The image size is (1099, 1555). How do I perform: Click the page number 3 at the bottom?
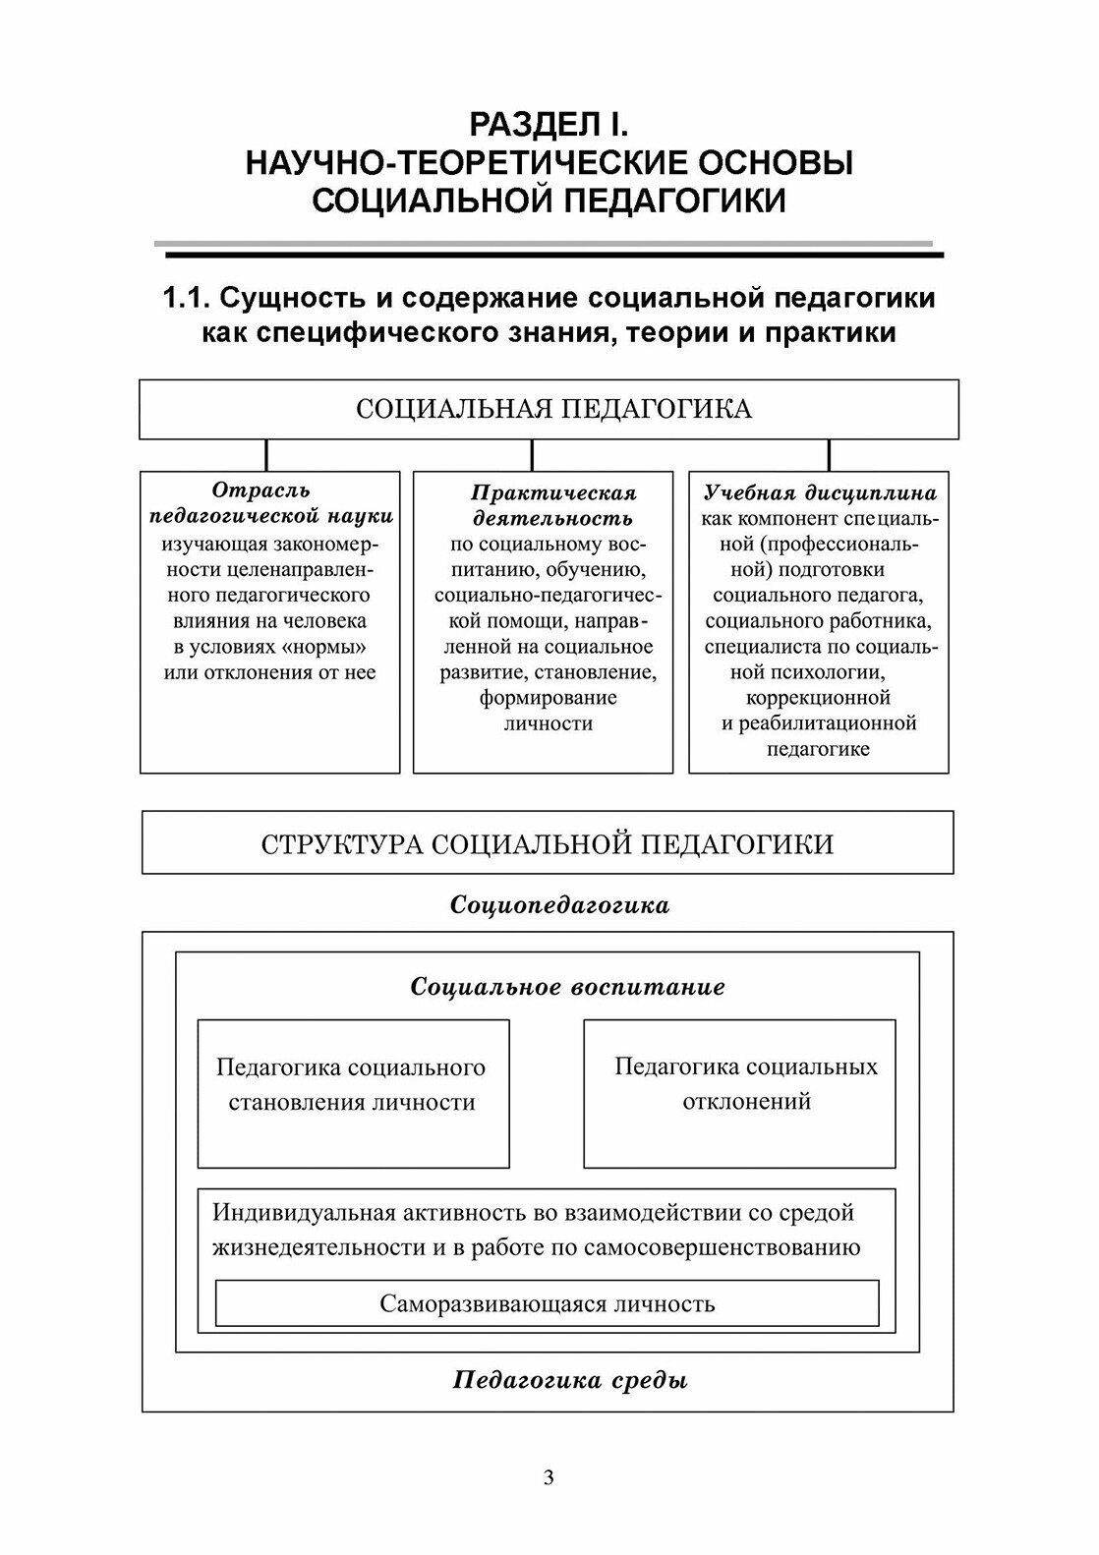click(549, 1476)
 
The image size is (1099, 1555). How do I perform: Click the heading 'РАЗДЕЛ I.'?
click(549, 125)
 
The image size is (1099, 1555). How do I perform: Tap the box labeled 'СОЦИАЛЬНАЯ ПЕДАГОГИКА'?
click(549, 409)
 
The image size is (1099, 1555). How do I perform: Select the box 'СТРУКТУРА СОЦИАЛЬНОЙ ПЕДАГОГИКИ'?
click(548, 843)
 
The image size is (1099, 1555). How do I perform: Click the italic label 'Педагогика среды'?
click(570, 1380)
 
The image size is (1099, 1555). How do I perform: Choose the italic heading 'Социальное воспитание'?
click(567, 987)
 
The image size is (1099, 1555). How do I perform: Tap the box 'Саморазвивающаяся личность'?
click(547, 1304)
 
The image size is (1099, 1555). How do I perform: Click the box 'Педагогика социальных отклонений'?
click(739, 1092)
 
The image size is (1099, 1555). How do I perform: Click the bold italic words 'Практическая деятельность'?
click(553, 505)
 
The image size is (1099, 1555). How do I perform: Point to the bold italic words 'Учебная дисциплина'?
click(820, 492)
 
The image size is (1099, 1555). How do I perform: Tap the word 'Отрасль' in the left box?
click(260, 490)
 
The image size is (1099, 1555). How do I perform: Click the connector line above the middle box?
click(532, 455)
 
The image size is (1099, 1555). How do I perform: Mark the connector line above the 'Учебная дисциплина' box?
click(829, 455)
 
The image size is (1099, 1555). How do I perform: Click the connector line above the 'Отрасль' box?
click(266, 455)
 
